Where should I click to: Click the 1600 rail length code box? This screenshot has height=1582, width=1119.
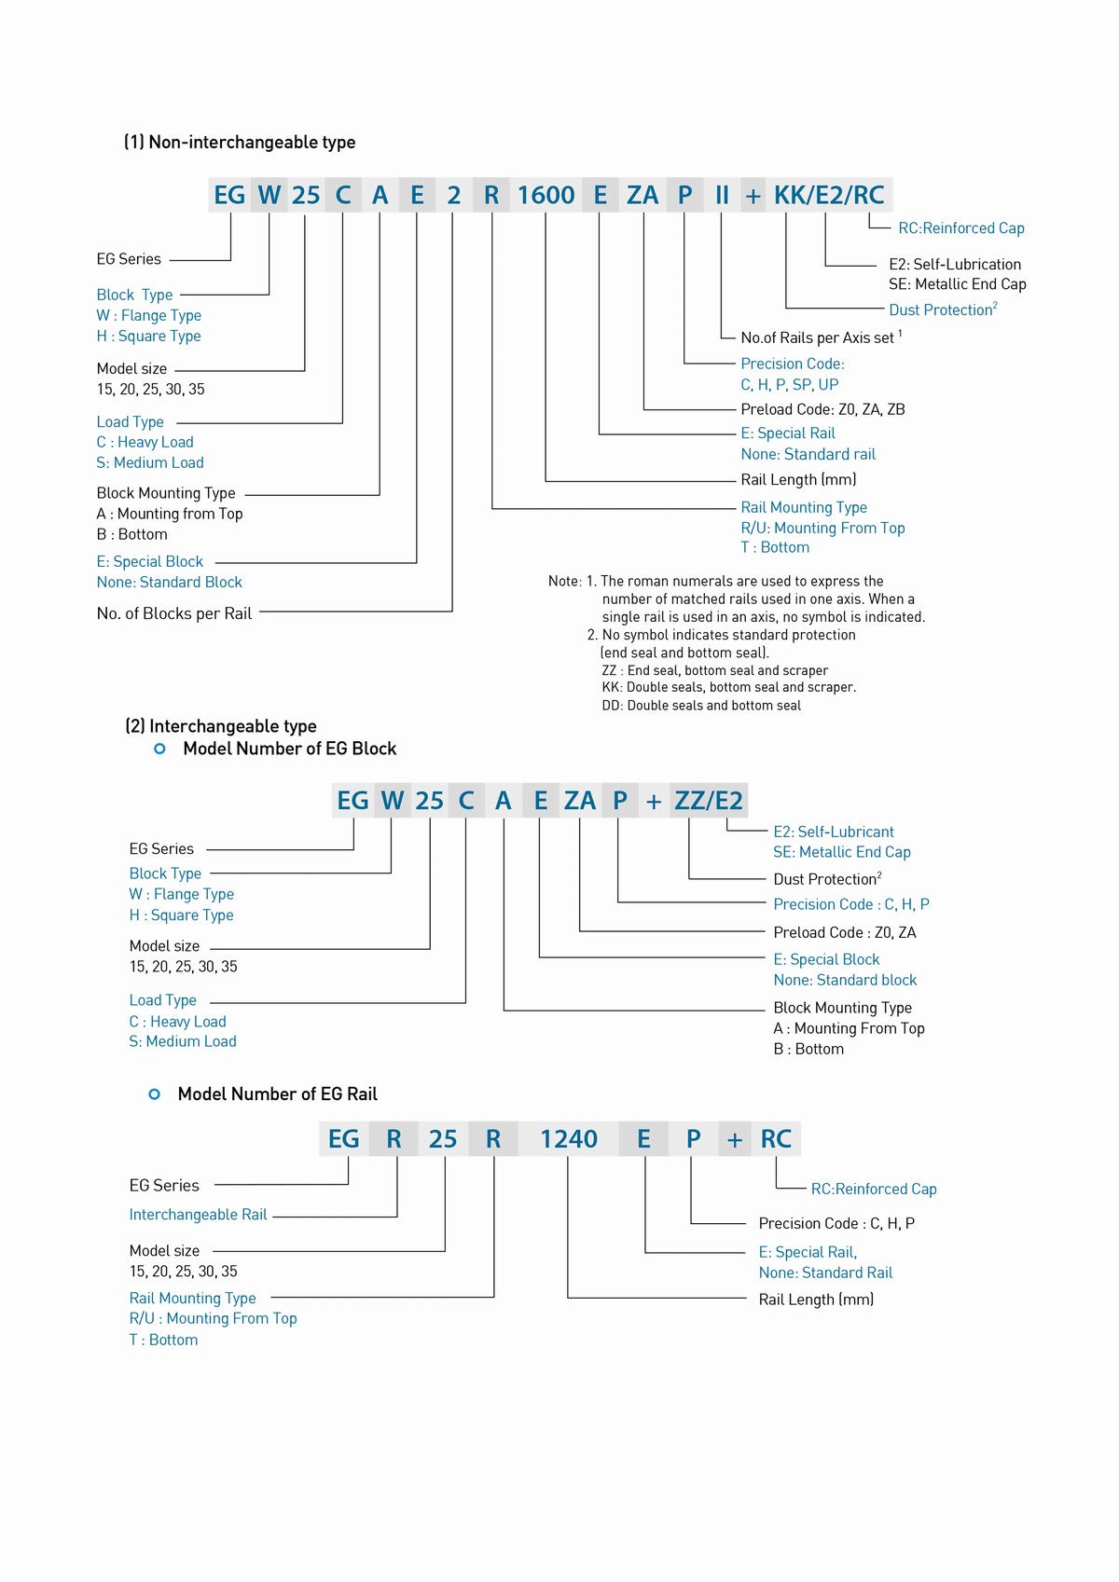pyautogui.click(x=546, y=195)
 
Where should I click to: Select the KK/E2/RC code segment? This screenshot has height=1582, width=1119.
pyautogui.click(x=829, y=195)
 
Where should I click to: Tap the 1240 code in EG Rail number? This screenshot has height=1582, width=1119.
pyautogui.click(x=569, y=1139)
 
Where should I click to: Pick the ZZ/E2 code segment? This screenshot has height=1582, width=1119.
pyautogui.click(x=709, y=801)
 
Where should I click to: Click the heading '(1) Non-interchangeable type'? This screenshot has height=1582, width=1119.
pyautogui.click(x=240, y=143)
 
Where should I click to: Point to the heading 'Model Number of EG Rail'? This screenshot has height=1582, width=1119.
pyautogui.click(x=277, y=1094)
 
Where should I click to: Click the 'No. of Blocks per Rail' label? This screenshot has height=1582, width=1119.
pyautogui.click(x=174, y=613)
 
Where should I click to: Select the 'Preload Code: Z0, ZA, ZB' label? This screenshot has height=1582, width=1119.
pyautogui.click(x=822, y=409)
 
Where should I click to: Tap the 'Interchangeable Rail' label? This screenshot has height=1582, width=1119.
pyautogui.click(x=198, y=1215)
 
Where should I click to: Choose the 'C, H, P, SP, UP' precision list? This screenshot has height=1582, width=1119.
pyautogui.click(x=790, y=385)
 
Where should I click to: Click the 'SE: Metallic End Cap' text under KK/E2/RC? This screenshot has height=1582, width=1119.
pyautogui.click(x=957, y=284)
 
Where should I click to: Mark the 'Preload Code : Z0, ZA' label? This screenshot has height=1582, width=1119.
pyautogui.click(x=844, y=932)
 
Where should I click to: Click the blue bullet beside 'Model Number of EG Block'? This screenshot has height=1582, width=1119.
pyautogui.click(x=159, y=749)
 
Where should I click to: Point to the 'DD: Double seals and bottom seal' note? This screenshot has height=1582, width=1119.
pyautogui.click(x=701, y=706)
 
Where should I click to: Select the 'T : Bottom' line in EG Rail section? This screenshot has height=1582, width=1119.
pyautogui.click(x=163, y=1340)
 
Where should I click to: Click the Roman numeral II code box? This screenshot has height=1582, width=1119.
pyautogui.click(x=722, y=195)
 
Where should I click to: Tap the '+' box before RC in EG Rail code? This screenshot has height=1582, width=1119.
pyautogui.click(x=735, y=1139)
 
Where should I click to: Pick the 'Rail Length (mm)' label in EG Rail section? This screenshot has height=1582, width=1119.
pyautogui.click(x=816, y=1300)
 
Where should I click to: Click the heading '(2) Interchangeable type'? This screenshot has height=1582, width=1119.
pyautogui.click(x=221, y=726)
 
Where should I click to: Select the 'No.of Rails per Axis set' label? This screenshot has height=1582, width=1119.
pyautogui.click(x=818, y=337)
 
